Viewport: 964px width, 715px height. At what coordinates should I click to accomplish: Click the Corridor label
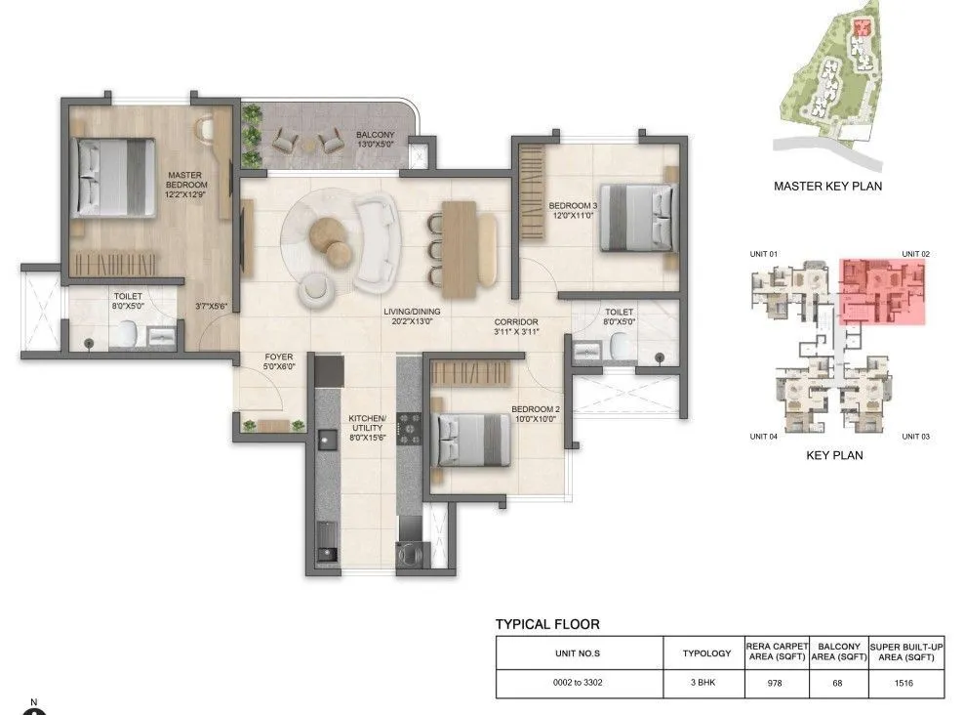point(516,326)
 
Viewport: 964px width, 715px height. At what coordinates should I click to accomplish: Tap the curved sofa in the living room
point(375,238)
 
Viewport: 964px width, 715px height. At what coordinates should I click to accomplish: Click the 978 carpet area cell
point(777,684)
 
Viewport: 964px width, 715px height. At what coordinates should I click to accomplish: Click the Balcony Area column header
point(838,652)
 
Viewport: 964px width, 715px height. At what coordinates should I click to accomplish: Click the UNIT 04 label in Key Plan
point(764,437)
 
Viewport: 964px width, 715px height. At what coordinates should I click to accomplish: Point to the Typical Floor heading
point(547,624)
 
